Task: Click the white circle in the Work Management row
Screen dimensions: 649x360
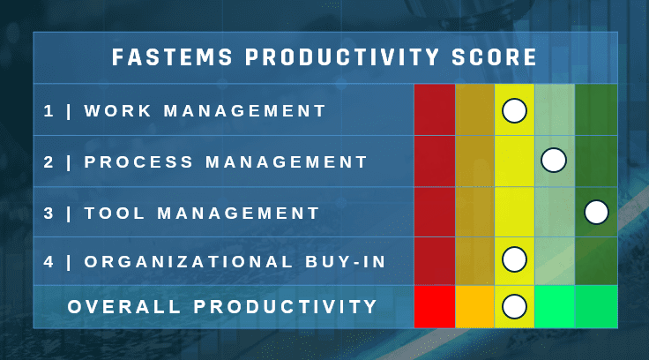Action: [514, 111]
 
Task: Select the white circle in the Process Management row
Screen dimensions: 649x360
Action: [554, 160]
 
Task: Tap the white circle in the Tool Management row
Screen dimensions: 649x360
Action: [596, 212]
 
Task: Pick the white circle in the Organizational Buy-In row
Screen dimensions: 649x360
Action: [514, 259]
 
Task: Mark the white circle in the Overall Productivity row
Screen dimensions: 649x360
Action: [514, 306]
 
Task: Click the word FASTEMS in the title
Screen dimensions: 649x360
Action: [172, 57]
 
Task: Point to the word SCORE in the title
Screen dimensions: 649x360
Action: [494, 57]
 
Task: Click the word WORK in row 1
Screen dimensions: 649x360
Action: [117, 111]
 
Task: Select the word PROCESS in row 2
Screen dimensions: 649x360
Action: [138, 162]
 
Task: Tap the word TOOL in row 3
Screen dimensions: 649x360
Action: [115, 214]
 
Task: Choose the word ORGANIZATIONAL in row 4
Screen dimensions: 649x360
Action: [189, 262]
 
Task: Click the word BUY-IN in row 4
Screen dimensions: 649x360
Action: [345, 262]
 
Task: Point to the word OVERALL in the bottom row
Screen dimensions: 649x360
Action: [124, 307]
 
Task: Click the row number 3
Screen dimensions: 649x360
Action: [48, 214]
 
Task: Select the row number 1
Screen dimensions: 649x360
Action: [48, 111]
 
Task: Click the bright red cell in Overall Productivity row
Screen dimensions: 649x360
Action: [435, 306]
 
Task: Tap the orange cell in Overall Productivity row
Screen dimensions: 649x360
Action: [474, 306]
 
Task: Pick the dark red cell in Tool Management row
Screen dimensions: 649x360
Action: [435, 212]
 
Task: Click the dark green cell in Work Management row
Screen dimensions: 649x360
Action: [596, 109]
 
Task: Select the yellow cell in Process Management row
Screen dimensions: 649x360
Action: [514, 161]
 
